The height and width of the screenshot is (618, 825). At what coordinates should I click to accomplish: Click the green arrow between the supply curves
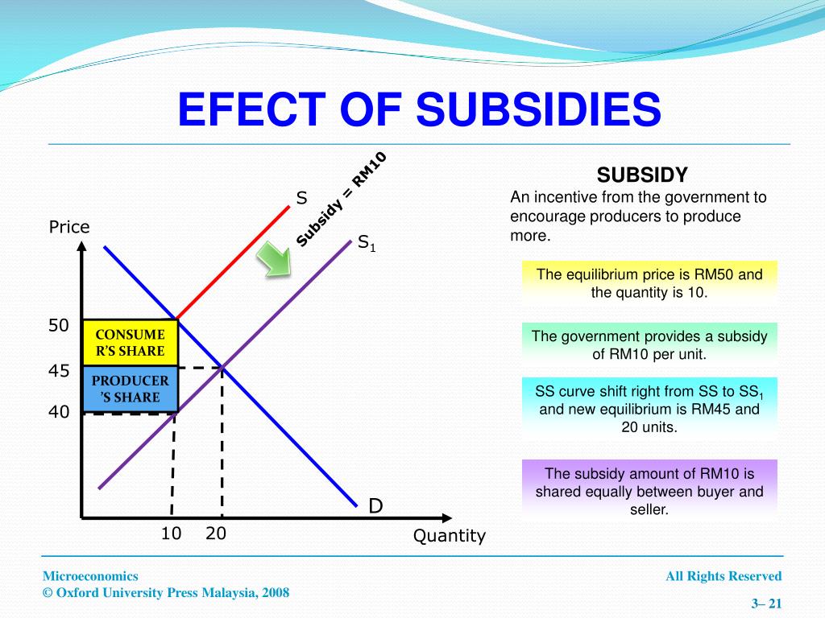click(274, 262)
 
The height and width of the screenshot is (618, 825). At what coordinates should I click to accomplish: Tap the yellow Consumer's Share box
click(130, 342)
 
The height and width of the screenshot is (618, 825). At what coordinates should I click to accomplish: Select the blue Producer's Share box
click(130, 389)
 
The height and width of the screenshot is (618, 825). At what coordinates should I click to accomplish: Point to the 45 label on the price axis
click(59, 371)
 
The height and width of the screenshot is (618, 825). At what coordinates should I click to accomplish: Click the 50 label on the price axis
click(59, 325)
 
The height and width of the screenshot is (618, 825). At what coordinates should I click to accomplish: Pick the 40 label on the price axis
click(59, 412)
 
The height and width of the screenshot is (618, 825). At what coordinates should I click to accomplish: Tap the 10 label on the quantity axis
click(171, 534)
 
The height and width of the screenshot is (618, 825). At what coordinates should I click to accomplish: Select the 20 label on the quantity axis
click(215, 534)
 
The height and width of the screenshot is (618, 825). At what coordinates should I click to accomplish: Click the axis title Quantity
click(450, 536)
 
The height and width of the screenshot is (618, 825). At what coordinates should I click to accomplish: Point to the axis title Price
click(69, 227)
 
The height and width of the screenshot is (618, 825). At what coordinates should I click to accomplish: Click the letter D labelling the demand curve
click(375, 506)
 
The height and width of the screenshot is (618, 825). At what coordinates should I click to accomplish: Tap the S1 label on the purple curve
click(367, 242)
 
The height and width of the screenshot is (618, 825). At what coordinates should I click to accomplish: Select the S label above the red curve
click(301, 197)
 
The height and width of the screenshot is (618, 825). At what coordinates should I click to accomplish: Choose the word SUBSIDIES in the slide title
click(538, 109)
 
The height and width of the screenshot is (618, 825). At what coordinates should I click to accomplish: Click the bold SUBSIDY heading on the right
click(641, 175)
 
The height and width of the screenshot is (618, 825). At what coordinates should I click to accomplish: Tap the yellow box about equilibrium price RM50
click(649, 283)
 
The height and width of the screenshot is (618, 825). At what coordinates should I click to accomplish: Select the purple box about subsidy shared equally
click(649, 491)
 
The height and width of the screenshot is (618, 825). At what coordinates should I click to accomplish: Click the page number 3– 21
click(766, 604)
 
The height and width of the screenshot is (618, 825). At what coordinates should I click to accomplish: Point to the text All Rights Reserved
click(723, 576)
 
